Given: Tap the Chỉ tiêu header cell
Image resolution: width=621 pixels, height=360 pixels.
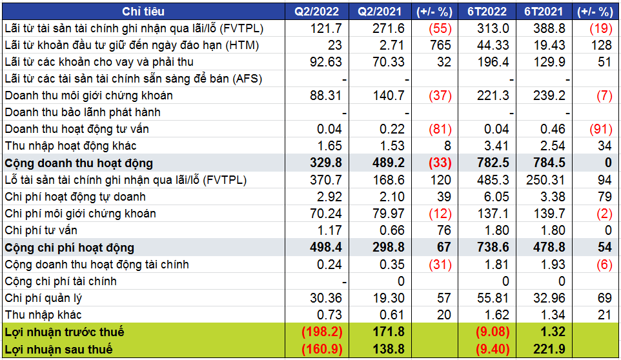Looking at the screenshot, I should (143, 12).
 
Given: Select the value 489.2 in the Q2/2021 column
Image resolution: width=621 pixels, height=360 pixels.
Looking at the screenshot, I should (387, 163).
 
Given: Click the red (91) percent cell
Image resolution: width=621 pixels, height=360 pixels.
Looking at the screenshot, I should (600, 129).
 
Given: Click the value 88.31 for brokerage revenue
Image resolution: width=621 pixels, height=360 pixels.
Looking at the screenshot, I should (326, 95).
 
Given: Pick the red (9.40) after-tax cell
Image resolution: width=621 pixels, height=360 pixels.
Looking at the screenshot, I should (492, 349).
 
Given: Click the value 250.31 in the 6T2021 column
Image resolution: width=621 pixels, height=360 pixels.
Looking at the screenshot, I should (545, 180).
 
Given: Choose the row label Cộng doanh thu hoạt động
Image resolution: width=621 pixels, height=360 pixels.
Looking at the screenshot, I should (78, 163).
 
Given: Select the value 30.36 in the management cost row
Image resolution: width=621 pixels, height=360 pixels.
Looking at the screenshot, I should (326, 298).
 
